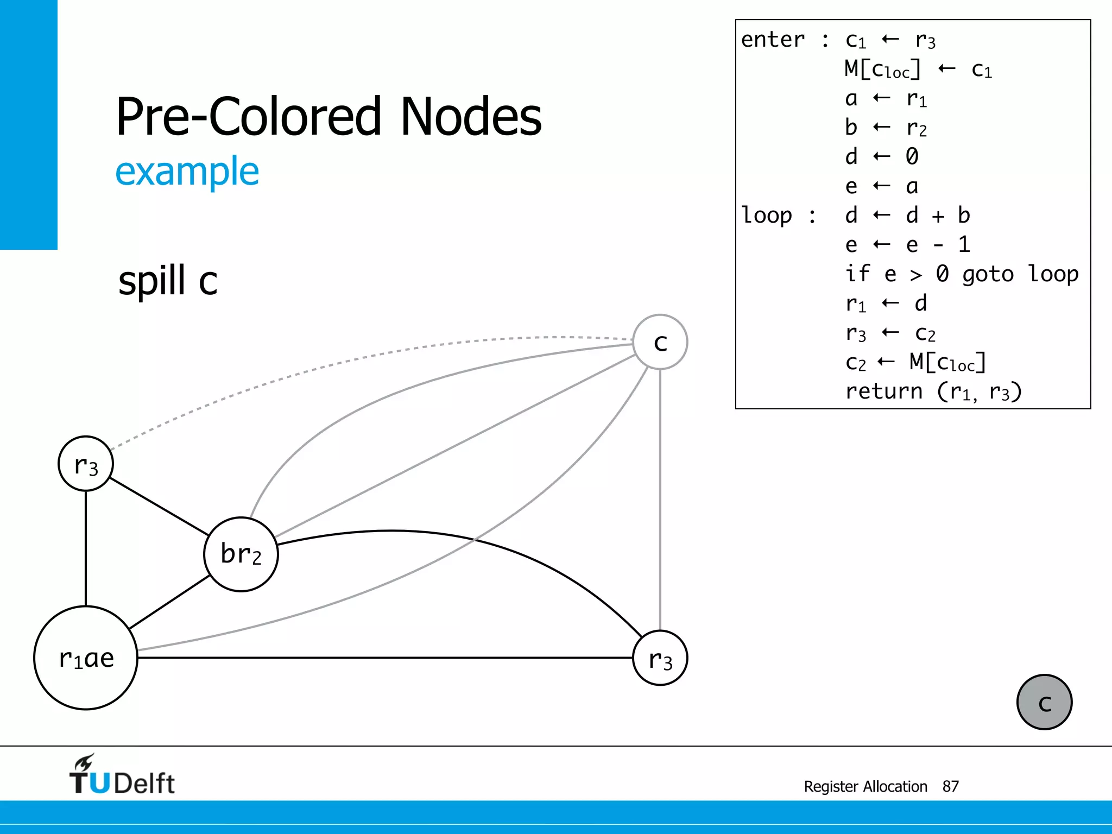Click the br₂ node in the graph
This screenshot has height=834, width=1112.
[241, 554]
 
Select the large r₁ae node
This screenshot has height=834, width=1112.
[86, 658]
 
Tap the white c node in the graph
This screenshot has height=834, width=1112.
[660, 342]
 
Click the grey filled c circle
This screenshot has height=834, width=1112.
[1044, 702]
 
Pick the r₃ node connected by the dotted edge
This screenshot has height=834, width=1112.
[86, 464]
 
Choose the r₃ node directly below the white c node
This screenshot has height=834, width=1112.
[660, 658]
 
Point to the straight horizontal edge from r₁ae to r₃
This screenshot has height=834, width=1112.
[380, 658]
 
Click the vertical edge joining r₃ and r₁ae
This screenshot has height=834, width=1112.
[86, 548]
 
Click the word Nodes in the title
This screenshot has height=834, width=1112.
[471, 116]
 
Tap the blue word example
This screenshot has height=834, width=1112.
[187, 172]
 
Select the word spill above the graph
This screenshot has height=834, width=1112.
[152, 281]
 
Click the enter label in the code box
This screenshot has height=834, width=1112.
[773, 40]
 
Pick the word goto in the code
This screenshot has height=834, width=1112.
[988, 274]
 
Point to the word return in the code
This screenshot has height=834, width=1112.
[884, 391]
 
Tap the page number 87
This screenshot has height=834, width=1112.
[950, 786]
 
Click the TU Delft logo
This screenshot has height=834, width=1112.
[122, 775]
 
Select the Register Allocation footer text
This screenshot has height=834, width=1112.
[865, 786]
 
